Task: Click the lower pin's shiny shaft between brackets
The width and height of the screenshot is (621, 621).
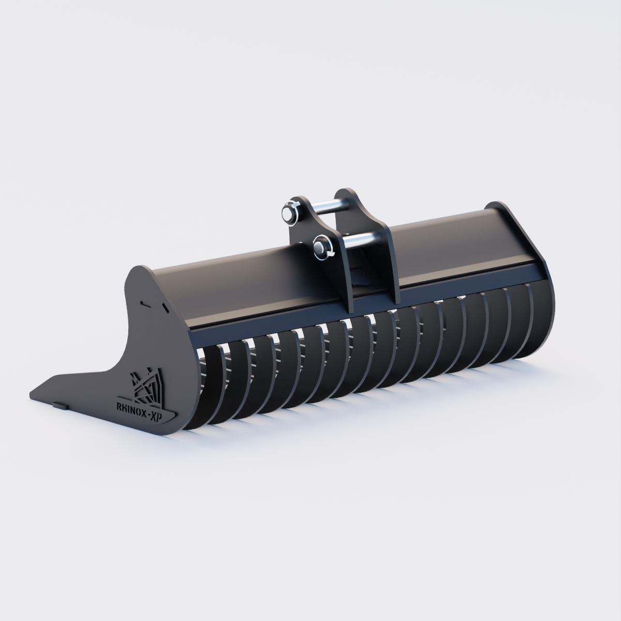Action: click(x=362, y=239)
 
